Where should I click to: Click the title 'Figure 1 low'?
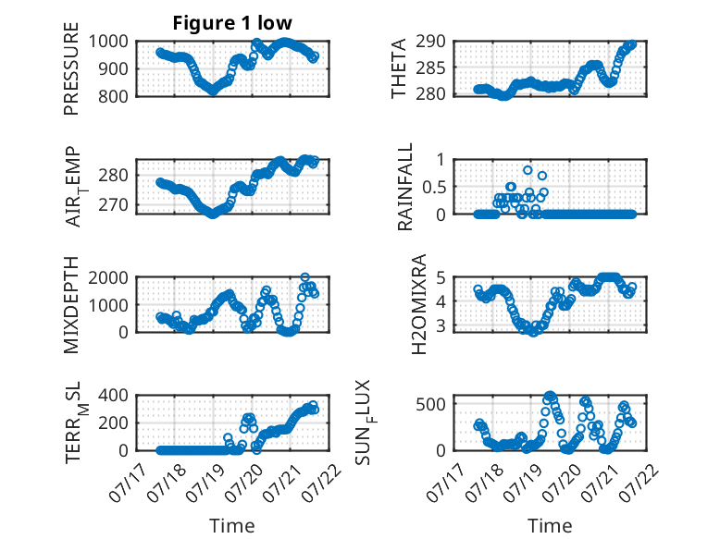coord(232,23)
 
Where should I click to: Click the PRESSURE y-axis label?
coord(71,68)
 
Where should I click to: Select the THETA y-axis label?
coord(399,68)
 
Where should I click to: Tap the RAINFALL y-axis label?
coord(405,187)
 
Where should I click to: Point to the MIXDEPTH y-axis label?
coord(71,305)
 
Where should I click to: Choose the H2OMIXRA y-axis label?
coord(419,304)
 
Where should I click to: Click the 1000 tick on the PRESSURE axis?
coord(108,42)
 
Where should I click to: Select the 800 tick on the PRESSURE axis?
coord(114,96)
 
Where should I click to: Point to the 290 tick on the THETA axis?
coord(430,42)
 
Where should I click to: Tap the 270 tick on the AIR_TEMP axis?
coord(114,205)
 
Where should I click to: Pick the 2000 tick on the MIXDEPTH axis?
coord(108,277)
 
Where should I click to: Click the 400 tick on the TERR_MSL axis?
coord(114,396)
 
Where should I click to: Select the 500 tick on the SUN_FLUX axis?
coord(430,405)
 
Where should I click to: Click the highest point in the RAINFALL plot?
coord(528,170)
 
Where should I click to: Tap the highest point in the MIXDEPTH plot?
coord(304,277)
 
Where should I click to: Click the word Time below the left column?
coord(232,526)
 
